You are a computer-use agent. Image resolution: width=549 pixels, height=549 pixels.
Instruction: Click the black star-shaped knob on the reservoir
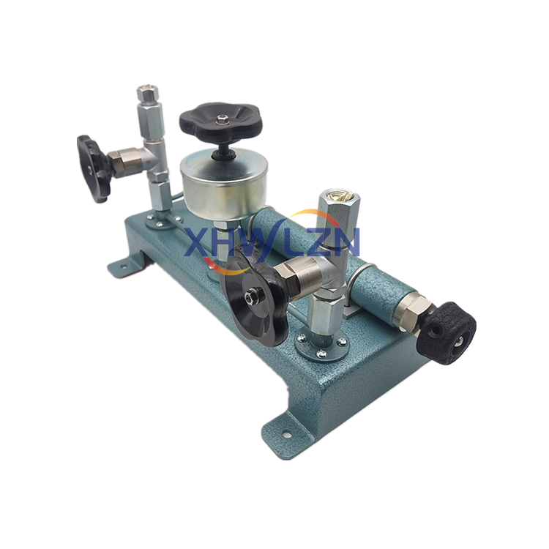[x=220, y=122]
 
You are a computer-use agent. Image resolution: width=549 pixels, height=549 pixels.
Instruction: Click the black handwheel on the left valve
[x=93, y=169]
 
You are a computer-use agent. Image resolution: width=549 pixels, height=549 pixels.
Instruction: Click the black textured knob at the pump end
[x=447, y=333]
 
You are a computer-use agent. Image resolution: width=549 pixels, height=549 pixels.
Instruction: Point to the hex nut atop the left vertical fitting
[x=147, y=93]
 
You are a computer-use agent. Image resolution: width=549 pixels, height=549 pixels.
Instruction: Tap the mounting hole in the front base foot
[x=287, y=435]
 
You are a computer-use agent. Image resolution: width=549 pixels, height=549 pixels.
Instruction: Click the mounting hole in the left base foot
[x=122, y=266]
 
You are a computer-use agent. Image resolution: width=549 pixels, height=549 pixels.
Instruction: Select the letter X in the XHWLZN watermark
[x=196, y=242]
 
